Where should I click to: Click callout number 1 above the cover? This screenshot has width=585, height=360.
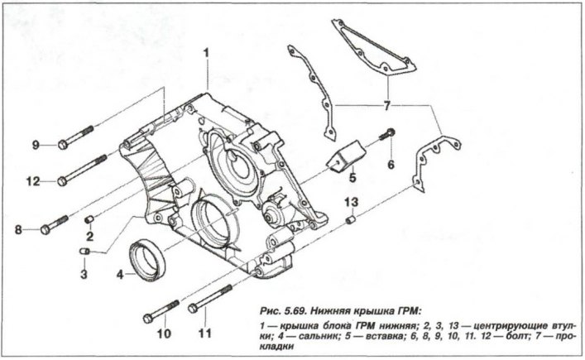(206, 53)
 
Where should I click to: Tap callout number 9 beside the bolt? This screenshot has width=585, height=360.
(36, 146)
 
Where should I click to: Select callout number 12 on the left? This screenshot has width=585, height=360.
(34, 181)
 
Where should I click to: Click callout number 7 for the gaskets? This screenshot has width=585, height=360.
(386, 105)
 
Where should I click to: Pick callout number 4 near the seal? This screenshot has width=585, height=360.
(120, 272)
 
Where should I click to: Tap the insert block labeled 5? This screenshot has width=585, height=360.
(345, 156)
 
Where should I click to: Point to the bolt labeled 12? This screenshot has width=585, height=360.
(83, 170)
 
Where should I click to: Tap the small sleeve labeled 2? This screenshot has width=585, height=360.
(89, 218)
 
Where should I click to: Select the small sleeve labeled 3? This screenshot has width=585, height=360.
(83, 250)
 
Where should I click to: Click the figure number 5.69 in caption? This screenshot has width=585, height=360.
(292, 311)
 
